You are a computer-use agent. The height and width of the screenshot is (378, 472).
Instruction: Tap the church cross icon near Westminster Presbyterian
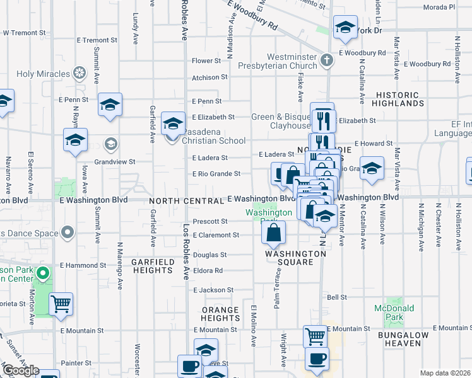coord(326,60)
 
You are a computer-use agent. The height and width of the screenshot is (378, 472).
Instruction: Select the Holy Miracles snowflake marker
coord(80,74)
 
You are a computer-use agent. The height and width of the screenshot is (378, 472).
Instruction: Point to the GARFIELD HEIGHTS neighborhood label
coord(151,265)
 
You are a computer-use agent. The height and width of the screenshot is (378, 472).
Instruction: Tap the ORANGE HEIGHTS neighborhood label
coord(220,314)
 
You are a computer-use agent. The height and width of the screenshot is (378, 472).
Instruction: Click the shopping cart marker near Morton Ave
coord(61,304)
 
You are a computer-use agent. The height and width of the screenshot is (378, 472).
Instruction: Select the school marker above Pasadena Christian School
coord(173,123)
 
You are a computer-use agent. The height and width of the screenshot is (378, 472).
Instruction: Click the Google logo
coord(20,370)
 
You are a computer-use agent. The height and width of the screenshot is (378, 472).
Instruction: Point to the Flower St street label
coord(206,61)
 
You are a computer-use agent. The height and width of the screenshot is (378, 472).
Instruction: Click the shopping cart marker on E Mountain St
coord(315,336)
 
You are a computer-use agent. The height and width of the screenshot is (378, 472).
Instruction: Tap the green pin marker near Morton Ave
coord(42,273)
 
